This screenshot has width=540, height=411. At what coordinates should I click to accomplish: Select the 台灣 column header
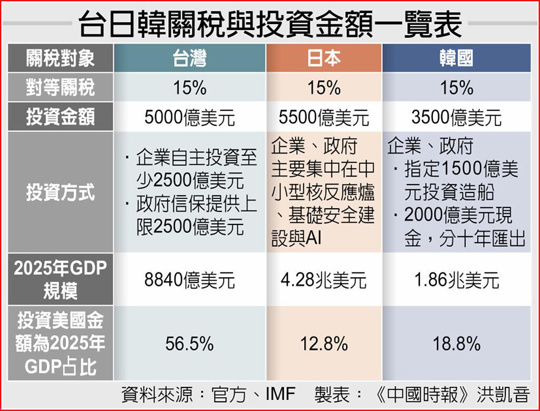tap(190, 58)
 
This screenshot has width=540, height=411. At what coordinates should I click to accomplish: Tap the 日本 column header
tap(324, 58)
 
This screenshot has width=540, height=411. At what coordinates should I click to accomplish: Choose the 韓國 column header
tap(456, 58)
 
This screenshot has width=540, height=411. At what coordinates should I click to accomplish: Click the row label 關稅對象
tap(60, 58)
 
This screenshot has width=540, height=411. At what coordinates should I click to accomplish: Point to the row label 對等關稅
tap(60, 87)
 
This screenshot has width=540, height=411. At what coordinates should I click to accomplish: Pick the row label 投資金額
tap(60, 117)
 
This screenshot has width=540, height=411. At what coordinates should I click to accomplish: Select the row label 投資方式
tap(60, 192)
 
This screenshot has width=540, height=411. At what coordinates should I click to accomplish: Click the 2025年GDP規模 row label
tap(60, 279)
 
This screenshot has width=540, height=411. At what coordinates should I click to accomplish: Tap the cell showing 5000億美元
tap(190, 118)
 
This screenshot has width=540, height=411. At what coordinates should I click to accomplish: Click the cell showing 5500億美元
tap(324, 118)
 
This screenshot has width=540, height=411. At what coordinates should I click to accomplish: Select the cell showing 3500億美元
tap(456, 118)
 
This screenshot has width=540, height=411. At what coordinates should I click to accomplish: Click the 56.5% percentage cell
tap(190, 345)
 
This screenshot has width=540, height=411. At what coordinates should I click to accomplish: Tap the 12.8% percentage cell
tap(324, 345)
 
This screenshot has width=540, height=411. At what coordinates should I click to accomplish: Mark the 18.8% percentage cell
tap(456, 345)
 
